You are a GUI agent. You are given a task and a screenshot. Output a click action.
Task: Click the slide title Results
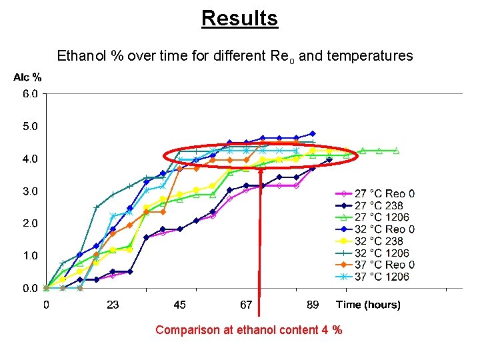click(239, 18)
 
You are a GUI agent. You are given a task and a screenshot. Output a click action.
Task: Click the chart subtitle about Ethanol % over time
click(235, 56)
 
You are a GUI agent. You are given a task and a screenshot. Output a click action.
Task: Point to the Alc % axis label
click(27, 77)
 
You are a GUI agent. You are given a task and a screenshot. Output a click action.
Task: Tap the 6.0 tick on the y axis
click(31, 94)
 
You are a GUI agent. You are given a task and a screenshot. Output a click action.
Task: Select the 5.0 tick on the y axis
click(31, 126)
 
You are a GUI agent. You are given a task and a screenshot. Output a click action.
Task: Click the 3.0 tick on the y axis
click(31, 191)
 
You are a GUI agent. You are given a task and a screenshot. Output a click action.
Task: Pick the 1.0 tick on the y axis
click(31, 256)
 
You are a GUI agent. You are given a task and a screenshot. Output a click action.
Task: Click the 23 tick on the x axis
click(113, 305)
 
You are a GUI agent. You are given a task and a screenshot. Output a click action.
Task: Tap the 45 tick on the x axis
click(179, 305)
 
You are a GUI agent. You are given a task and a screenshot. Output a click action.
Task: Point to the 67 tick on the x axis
click(246, 305)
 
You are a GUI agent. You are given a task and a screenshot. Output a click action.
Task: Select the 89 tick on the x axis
click(313, 305)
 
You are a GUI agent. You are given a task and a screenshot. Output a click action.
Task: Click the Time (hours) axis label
click(368, 305)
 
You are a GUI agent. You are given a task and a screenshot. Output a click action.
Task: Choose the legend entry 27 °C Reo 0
click(384, 194)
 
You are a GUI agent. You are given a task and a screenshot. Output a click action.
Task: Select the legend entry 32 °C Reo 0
click(384, 229)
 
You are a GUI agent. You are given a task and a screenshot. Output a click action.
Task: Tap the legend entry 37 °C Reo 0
click(384, 265)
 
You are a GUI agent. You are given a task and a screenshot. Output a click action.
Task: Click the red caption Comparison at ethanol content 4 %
click(249, 330)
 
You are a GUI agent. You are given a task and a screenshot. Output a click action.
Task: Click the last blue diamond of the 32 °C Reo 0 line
click(313, 133)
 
